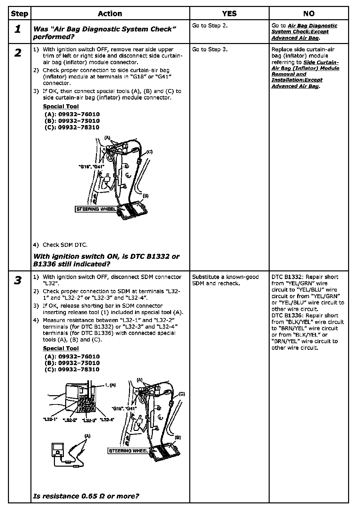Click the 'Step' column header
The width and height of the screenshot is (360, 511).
20,14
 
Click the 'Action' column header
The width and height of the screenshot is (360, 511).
110,14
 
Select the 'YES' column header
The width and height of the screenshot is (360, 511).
229,14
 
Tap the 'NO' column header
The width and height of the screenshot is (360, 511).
308,14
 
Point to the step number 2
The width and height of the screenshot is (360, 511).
18,53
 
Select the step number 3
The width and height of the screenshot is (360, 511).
18,280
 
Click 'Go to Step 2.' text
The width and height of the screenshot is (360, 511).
210,26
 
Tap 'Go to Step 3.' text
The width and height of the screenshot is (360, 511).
210,50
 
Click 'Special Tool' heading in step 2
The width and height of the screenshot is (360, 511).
61,106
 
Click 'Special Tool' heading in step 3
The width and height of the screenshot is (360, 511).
61,348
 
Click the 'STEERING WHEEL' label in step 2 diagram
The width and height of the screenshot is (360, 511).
96,209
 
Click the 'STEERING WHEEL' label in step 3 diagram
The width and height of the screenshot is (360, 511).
128,451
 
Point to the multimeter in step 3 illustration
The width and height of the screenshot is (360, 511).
58,451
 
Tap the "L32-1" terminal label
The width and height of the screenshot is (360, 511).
50,419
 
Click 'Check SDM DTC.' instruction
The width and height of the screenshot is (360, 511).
65,245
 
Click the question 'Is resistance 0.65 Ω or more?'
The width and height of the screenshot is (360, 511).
86,496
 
